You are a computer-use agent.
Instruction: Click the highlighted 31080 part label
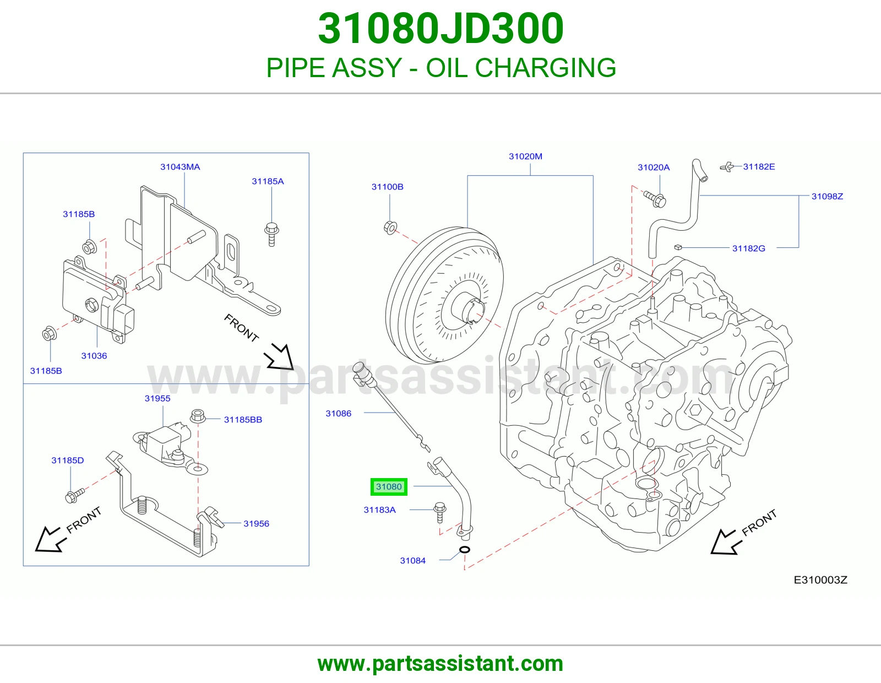pyautogui.click(x=389, y=487)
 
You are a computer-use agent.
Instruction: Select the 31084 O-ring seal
pyautogui.click(x=465, y=550)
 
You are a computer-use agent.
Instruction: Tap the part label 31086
pyautogui.click(x=339, y=413)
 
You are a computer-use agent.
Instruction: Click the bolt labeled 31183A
pyautogui.click(x=440, y=512)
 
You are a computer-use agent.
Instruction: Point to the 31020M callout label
pyautogui.click(x=525, y=156)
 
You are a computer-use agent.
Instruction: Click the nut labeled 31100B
pyautogui.click(x=390, y=227)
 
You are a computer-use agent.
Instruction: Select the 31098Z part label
pyautogui.click(x=827, y=196)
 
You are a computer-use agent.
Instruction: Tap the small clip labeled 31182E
pyautogui.click(x=727, y=167)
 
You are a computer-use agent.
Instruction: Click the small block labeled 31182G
pyautogui.click(x=678, y=247)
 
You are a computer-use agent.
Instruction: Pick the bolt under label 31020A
pyautogui.click(x=655, y=199)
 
